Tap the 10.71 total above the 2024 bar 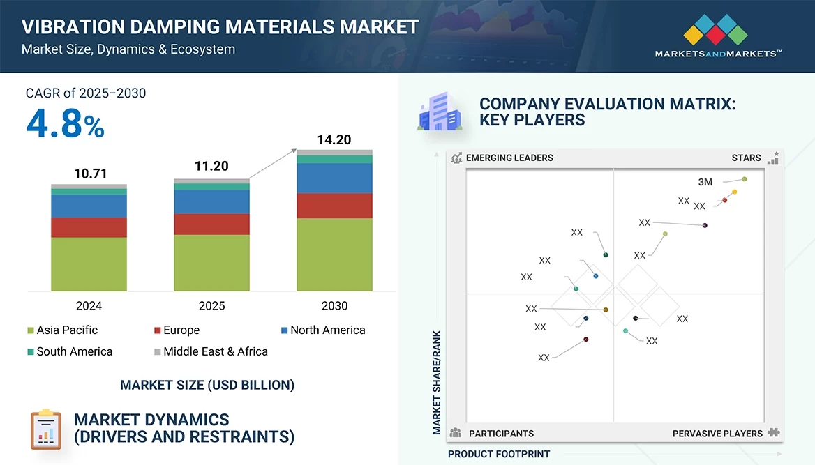(91, 174)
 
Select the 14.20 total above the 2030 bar (334, 139)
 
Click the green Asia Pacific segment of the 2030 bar (334, 254)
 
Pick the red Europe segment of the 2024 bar (89, 227)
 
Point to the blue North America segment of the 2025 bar (211, 201)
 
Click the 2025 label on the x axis (211, 306)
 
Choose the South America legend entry (69, 351)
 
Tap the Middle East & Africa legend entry (211, 351)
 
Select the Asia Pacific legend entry (62, 330)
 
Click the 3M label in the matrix (705, 182)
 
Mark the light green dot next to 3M (745, 179)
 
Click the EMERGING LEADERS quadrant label (509, 158)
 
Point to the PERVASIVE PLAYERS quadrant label (717, 434)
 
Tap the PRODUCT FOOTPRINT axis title (499, 454)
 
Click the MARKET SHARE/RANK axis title (438, 382)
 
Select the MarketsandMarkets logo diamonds (715, 30)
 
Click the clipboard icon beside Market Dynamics (46, 429)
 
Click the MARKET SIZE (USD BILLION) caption (207, 385)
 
